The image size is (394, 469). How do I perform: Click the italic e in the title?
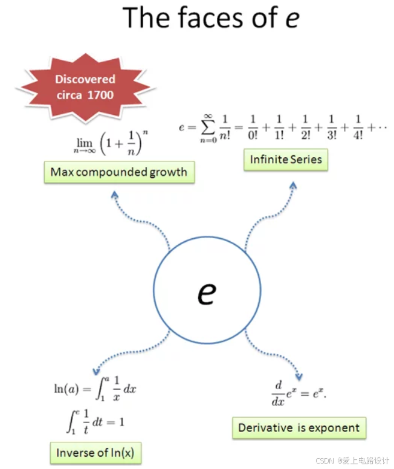(291, 18)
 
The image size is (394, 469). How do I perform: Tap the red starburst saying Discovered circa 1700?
(85, 86)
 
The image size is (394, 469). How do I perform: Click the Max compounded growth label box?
(118, 172)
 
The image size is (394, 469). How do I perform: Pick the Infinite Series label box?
(286, 160)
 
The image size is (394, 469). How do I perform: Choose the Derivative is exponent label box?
(299, 428)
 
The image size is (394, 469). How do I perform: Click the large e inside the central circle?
(207, 293)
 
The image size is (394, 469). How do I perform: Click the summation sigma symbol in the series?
(207, 128)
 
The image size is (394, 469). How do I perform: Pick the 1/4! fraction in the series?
(358, 127)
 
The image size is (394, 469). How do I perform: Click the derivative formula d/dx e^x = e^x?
(300, 393)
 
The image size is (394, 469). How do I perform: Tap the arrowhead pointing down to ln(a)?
(95, 371)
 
